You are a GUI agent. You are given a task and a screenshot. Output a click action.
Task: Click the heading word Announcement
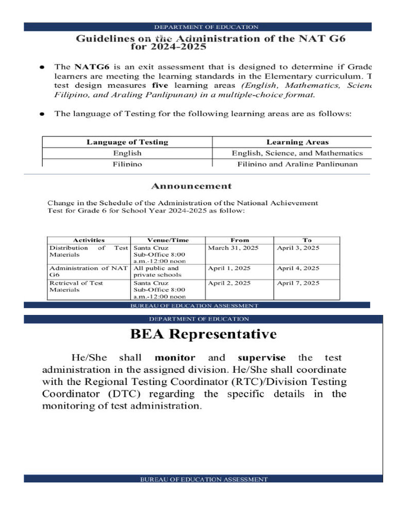point(191,186)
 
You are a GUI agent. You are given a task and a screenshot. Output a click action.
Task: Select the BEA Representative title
point(203,335)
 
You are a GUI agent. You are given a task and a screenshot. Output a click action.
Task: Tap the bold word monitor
point(175,358)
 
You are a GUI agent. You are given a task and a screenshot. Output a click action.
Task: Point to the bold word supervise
point(262,358)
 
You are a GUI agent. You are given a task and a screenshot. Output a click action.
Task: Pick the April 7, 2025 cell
point(298,283)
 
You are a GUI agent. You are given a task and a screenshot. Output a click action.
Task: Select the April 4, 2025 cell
point(298,268)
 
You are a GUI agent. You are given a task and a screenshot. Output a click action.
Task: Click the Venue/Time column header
point(168,240)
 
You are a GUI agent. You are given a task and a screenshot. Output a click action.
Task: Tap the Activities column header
point(88,240)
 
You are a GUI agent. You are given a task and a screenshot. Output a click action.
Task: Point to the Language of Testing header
point(127,142)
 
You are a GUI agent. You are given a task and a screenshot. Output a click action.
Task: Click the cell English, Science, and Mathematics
point(297,153)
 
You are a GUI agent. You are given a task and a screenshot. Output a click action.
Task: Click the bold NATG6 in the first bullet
point(91,66)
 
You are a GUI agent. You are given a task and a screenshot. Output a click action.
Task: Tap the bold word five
point(160,85)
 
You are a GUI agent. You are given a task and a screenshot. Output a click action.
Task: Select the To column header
point(307,240)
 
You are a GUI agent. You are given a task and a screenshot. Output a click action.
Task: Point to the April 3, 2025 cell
point(298,248)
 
